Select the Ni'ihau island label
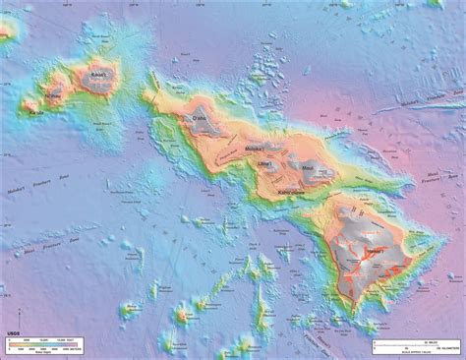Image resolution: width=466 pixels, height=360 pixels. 45,94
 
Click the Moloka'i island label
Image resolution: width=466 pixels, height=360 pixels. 254,149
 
